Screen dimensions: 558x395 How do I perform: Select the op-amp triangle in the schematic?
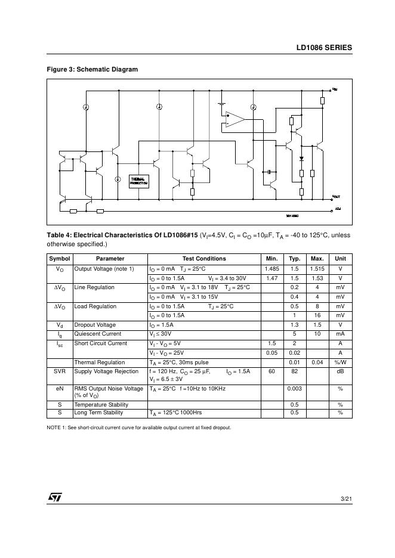coord(235,119)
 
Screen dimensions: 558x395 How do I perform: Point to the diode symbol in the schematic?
coord(301,159)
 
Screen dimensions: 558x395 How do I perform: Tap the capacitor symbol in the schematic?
coord(270,172)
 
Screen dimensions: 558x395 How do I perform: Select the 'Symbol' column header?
coord(60,259)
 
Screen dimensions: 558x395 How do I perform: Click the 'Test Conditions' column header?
coord(204,259)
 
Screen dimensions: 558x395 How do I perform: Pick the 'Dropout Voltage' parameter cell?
coord(95,325)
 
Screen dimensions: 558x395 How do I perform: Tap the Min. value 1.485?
coord(272,269)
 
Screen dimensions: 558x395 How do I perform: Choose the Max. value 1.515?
coord(317,269)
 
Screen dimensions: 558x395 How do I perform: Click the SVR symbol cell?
coord(60,371)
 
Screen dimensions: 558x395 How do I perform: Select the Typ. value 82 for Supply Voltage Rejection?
coord(294,371)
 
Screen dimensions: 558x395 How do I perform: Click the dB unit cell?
coord(340,371)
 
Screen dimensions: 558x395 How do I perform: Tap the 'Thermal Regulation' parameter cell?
coord(100,362)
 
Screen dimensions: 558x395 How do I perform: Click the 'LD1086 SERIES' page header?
coord(324,48)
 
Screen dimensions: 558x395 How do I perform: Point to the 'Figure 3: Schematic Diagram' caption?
coord(92,70)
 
